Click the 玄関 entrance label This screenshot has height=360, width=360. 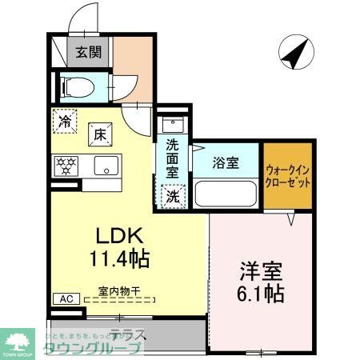point(88,53)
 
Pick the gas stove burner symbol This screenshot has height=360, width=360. point(65,166)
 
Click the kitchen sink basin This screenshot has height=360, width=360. point(105,166)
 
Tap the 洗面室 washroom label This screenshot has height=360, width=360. point(172,158)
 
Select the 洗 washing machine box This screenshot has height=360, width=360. point(172,194)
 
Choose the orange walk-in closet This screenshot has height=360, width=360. point(287,175)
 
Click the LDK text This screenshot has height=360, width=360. point(119,237)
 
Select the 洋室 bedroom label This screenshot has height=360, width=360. point(258,270)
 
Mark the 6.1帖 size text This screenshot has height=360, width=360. point(258,293)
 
